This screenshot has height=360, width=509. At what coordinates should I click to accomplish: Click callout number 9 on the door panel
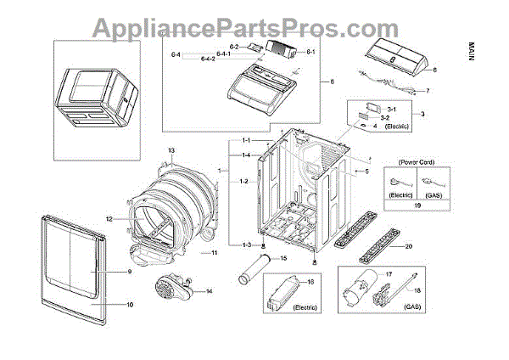[x=129, y=273]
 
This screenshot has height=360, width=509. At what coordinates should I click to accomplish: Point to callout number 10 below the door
[x=129, y=303]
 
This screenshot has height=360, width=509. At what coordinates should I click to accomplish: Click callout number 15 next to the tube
[x=283, y=257]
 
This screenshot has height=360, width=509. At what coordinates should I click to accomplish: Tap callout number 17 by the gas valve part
[x=389, y=274]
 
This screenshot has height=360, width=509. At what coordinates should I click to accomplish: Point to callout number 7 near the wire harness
[x=427, y=90]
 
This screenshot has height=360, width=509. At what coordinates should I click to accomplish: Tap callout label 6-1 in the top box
[x=310, y=52]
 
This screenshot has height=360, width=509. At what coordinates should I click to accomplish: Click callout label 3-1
[x=391, y=110]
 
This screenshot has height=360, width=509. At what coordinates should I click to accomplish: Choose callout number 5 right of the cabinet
[x=366, y=172]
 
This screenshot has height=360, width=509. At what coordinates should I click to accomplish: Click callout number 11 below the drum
[x=215, y=253]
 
